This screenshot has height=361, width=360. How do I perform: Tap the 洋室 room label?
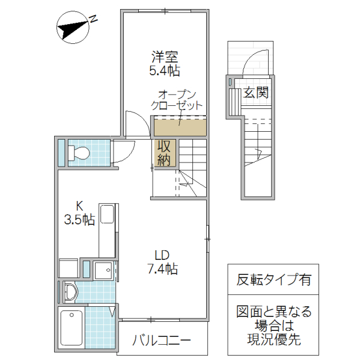pyautogui.click(x=164, y=57)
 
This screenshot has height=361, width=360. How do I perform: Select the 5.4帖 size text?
pyautogui.click(x=164, y=71)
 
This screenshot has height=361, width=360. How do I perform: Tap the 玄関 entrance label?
pyautogui.click(x=256, y=94)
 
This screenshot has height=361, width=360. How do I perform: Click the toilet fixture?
pyautogui.click(x=78, y=153)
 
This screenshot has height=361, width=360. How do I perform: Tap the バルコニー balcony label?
pyautogui.click(x=162, y=341)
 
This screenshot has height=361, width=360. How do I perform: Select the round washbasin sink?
pyautogui.click(x=71, y=294)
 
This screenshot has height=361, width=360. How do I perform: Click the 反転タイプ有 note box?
pyautogui.click(x=273, y=279)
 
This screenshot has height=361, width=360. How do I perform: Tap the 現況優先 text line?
pyautogui.click(x=273, y=339)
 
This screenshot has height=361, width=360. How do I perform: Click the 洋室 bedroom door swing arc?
pyautogui.click(x=136, y=123)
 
